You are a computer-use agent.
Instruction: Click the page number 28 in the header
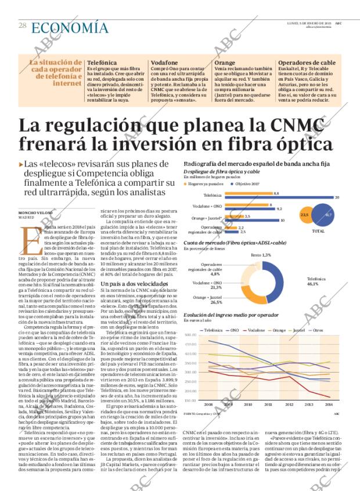tap(23, 26)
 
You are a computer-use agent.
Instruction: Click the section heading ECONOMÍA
tap(70, 27)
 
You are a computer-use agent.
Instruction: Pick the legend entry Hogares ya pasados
tap(203, 183)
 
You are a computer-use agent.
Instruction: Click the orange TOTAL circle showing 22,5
tap(304, 215)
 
